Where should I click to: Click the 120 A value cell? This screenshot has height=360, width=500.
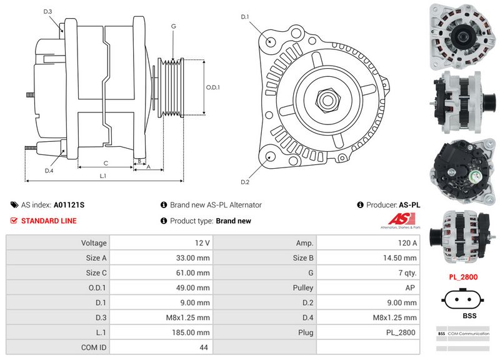pyautogui.click(x=369, y=242)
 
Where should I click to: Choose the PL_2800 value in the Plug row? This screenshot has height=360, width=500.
pyautogui.click(x=369, y=332)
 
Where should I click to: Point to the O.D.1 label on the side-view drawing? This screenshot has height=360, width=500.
pyautogui.click(x=213, y=87)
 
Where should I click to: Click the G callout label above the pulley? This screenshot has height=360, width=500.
pyautogui.click(x=173, y=26)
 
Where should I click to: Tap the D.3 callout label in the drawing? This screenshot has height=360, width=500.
pyautogui.click(x=48, y=12)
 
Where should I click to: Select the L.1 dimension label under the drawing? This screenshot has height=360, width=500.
pyautogui.click(x=103, y=176)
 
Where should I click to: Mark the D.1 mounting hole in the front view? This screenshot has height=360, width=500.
pyautogui.click(x=271, y=41)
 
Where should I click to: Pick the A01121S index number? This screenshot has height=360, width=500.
pyautogui.click(x=69, y=204)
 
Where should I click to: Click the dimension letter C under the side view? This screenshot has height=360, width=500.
pyautogui.click(x=106, y=163)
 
